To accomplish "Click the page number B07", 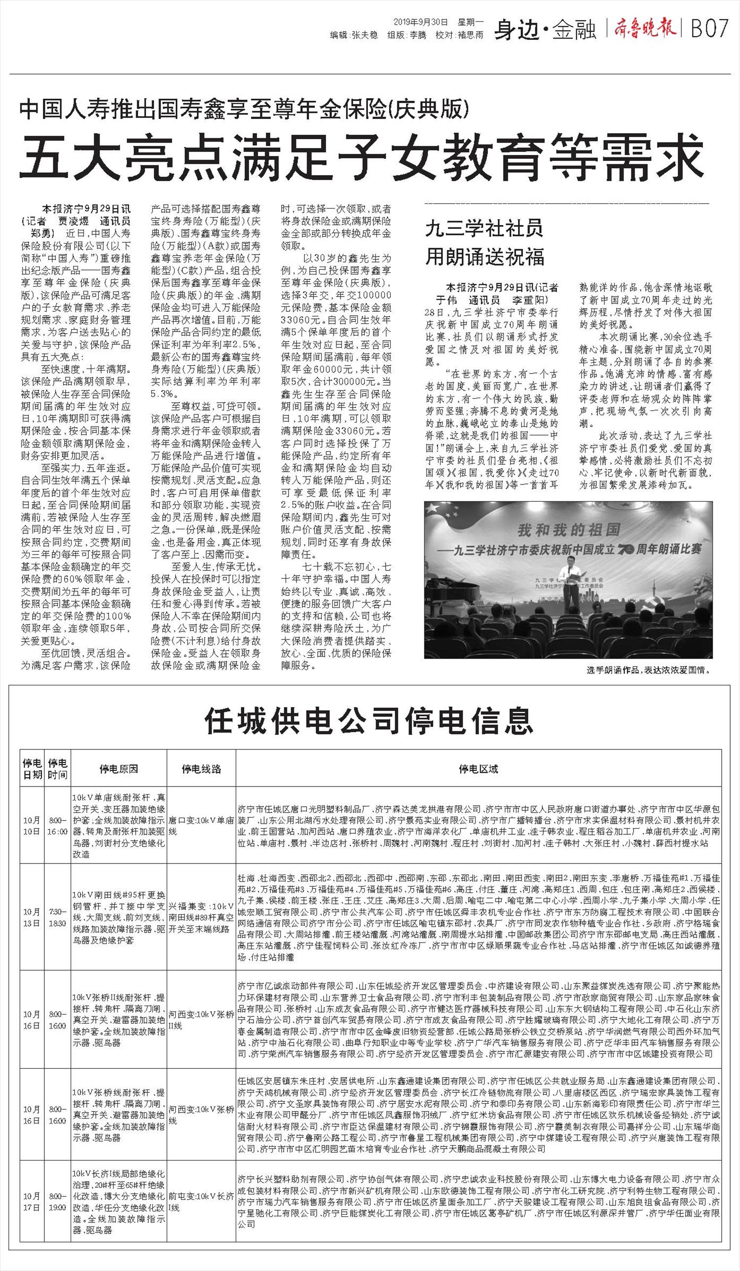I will point(710,29).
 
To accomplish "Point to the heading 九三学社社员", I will point(484,229).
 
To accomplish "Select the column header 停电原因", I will point(118,769).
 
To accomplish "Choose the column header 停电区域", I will point(478,769).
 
